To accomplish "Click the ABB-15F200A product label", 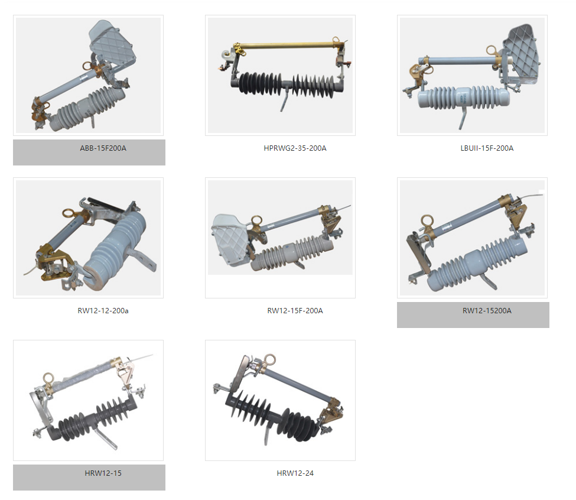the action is coord(103,148).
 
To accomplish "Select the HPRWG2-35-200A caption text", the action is coord(295,148).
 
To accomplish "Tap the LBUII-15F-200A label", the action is coord(487,148).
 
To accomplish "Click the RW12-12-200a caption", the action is coord(103,310).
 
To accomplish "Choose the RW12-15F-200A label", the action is coord(295,310).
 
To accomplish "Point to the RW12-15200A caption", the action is coord(487,310).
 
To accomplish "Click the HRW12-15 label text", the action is coord(103,473).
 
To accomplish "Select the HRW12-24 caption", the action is coord(295,473).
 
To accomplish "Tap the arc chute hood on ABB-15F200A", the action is coord(112,43).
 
